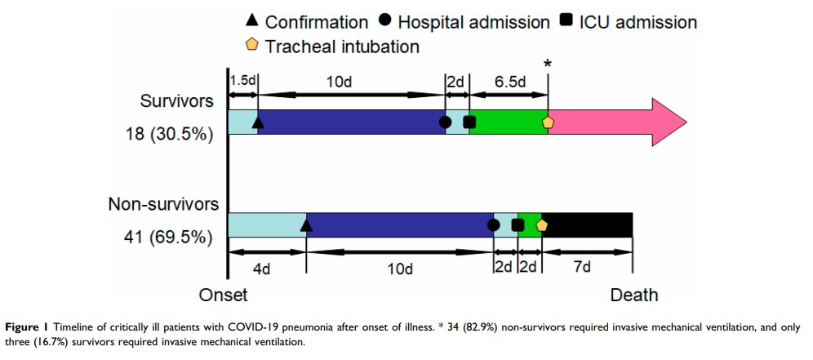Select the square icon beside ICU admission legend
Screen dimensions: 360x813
[x=566, y=21]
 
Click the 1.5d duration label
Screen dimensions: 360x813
[x=243, y=82]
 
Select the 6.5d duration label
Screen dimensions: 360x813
[x=509, y=82]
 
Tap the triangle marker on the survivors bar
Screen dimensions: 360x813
[x=258, y=122]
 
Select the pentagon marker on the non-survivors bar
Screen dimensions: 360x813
[x=541, y=224]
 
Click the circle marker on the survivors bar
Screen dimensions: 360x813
[x=445, y=122]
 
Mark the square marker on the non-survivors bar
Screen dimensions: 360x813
[x=517, y=224]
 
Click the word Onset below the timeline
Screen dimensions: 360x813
[x=223, y=294]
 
